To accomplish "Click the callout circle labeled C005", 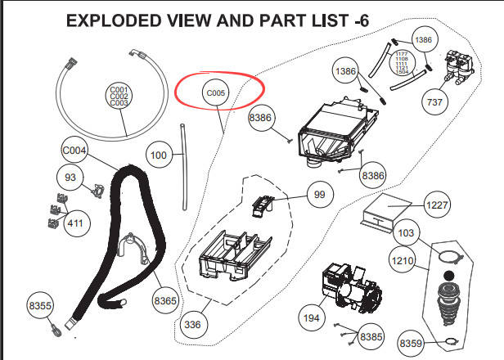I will (x=215, y=93).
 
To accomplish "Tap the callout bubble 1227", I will (x=438, y=205).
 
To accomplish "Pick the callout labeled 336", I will (x=193, y=324).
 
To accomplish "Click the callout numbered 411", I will (x=76, y=222).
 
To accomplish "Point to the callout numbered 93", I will (x=70, y=177).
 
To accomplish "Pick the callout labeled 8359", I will (x=411, y=342).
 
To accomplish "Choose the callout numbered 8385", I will (x=371, y=335).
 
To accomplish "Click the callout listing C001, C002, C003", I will (x=119, y=97).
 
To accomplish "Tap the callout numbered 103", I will (x=406, y=233).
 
